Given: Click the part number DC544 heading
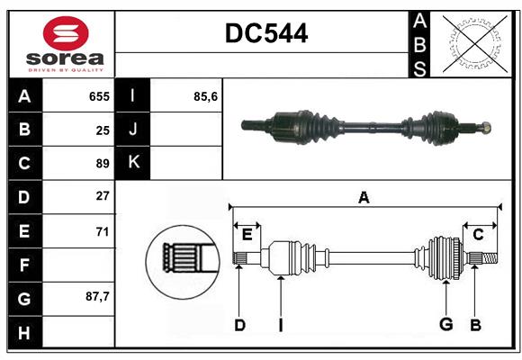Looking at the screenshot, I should pyautogui.click(x=266, y=34).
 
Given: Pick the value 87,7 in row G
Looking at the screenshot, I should pyautogui.click(x=97, y=296).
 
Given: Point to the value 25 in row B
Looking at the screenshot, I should pyautogui.click(x=103, y=130).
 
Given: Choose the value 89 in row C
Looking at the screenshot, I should pyautogui.click(x=103, y=164).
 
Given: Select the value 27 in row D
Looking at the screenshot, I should pyautogui.click(x=103, y=196).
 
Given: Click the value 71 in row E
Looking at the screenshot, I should pyautogui.click(x=103, y=231).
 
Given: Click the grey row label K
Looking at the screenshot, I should pyautogui.click(x=133, y=163).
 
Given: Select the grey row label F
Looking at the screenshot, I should pyautogui.click(x=24, y=265).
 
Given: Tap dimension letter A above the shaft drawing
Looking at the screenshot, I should pyautogui.click(x=364, y=197).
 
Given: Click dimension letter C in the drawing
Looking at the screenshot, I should pyautogui.click(x=478, y=235).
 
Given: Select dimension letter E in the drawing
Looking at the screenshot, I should pyautogui.click(x=247, y=235).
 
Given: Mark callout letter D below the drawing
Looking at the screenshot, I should pyautogui.click(x=239, y=325).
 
